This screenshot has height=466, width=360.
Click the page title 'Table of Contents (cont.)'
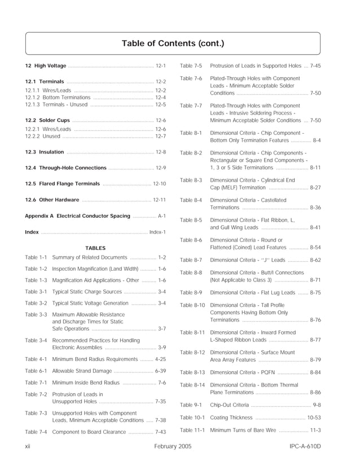pyautogui.click(x=173, y=43)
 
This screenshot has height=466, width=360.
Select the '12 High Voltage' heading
pyautogui.click(x=46, y=66)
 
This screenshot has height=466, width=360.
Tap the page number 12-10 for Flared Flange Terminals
pyautogui.click(x=159, y=184)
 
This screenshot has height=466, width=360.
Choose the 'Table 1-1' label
pyautogui.click(x=36, y=257)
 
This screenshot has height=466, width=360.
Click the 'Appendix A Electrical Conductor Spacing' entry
pyautogui.click(x=78, y=216)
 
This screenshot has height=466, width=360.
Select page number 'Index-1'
pyautogui.click(x=157, y=232)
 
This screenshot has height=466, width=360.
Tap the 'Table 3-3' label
pyautogui.click(x=36, y=314)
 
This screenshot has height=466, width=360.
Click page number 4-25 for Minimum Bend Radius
pyautogui.click(x=160, y=359)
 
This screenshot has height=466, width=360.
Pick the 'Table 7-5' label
pyautogui.click(x=191, y=66)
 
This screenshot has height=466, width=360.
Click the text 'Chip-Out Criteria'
pyautogui.click(x=229, y=405)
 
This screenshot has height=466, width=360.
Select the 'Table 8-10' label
pyautogui.click(x=192, y=305)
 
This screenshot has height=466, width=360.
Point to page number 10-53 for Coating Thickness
pyautogui.click(x=314, y=418)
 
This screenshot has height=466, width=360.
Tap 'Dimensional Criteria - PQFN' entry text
pyautogui.click(x=243, y=373)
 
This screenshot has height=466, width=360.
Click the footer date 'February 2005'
pyautogui.click(x=173, y=446)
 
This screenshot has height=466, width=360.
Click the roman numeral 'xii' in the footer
pyautogui.click(x=28, y=446)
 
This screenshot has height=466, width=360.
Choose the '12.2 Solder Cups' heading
pyautogui.click(x=48, y=121)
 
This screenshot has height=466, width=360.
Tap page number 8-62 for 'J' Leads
pyautogui.click(x=315, y=260)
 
